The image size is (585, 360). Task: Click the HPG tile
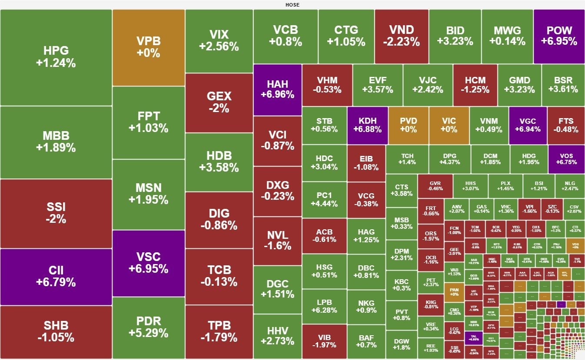click(56, 57)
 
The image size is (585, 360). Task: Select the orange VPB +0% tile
click(149, 47)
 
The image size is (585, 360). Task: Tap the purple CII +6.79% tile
click(56, 277)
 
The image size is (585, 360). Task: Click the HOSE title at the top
click(292, 5)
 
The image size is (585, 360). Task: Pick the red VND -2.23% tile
click(401, 36)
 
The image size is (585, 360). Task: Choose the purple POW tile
click(559, 36)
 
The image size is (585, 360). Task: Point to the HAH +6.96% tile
click(277, 89)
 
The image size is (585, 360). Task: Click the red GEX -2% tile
click(219, 102)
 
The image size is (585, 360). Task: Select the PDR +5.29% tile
click(149, 327)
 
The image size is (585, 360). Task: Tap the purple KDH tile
click(367, 125)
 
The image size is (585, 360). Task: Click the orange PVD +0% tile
click(408, 125)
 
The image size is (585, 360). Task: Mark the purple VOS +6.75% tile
click(566, 159)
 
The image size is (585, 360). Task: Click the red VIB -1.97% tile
click(324, 341)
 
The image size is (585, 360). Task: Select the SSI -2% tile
click(56, 213)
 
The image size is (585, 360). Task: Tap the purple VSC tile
click(149, 263)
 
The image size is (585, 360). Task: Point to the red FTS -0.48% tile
click(566, 125)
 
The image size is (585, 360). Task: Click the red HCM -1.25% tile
click(475, 85)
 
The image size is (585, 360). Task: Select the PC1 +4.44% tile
click(324, 199)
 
